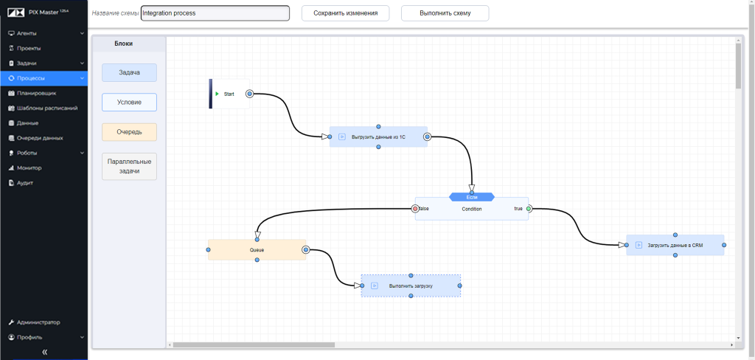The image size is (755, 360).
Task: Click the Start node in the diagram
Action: coord(229,94)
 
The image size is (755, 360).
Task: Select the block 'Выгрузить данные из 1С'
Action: coord(378,136)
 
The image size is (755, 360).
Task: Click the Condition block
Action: coord(472,209)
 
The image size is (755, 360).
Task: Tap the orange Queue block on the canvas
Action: coord(257,250)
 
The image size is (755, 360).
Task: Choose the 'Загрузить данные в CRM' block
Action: coord(675,245)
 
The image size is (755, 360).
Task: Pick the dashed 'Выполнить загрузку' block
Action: coord(411,285)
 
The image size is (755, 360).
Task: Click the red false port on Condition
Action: coord(415,209)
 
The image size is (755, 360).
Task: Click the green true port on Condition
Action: coord(529,209)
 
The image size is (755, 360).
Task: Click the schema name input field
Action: coord(215,13)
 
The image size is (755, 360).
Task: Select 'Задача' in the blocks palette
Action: coord(130,72)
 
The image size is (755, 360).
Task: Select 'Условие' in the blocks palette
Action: coord(130,102)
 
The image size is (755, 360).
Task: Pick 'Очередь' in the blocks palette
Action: coord(130,132)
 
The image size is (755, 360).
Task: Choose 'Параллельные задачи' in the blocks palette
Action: coord(130,166)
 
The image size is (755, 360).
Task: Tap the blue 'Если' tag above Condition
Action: coord(472,197)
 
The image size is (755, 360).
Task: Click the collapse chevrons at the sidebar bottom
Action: coord(44,352)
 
